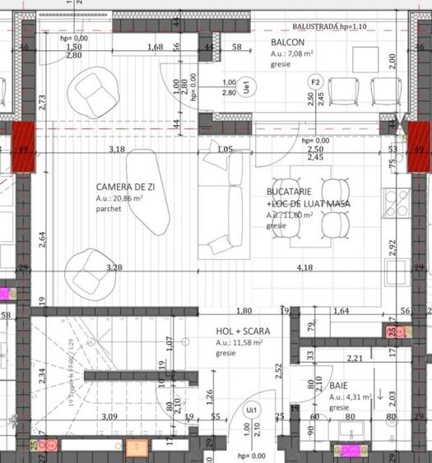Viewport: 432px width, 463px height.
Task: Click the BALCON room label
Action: (287, 43)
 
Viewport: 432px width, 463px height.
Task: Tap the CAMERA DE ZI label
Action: (128, 187)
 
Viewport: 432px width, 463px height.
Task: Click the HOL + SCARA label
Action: (243, 331)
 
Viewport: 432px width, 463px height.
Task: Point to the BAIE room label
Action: (338, 385)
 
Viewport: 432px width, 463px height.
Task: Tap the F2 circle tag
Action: (314, 82)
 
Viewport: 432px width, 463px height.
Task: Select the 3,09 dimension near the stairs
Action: (109, 418)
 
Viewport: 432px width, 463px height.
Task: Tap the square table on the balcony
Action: (365, 59)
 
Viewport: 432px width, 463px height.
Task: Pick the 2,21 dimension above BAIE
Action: (355, 359)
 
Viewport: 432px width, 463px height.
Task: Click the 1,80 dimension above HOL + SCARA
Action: (244, 311)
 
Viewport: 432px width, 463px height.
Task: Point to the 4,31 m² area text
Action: (351, 396)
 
